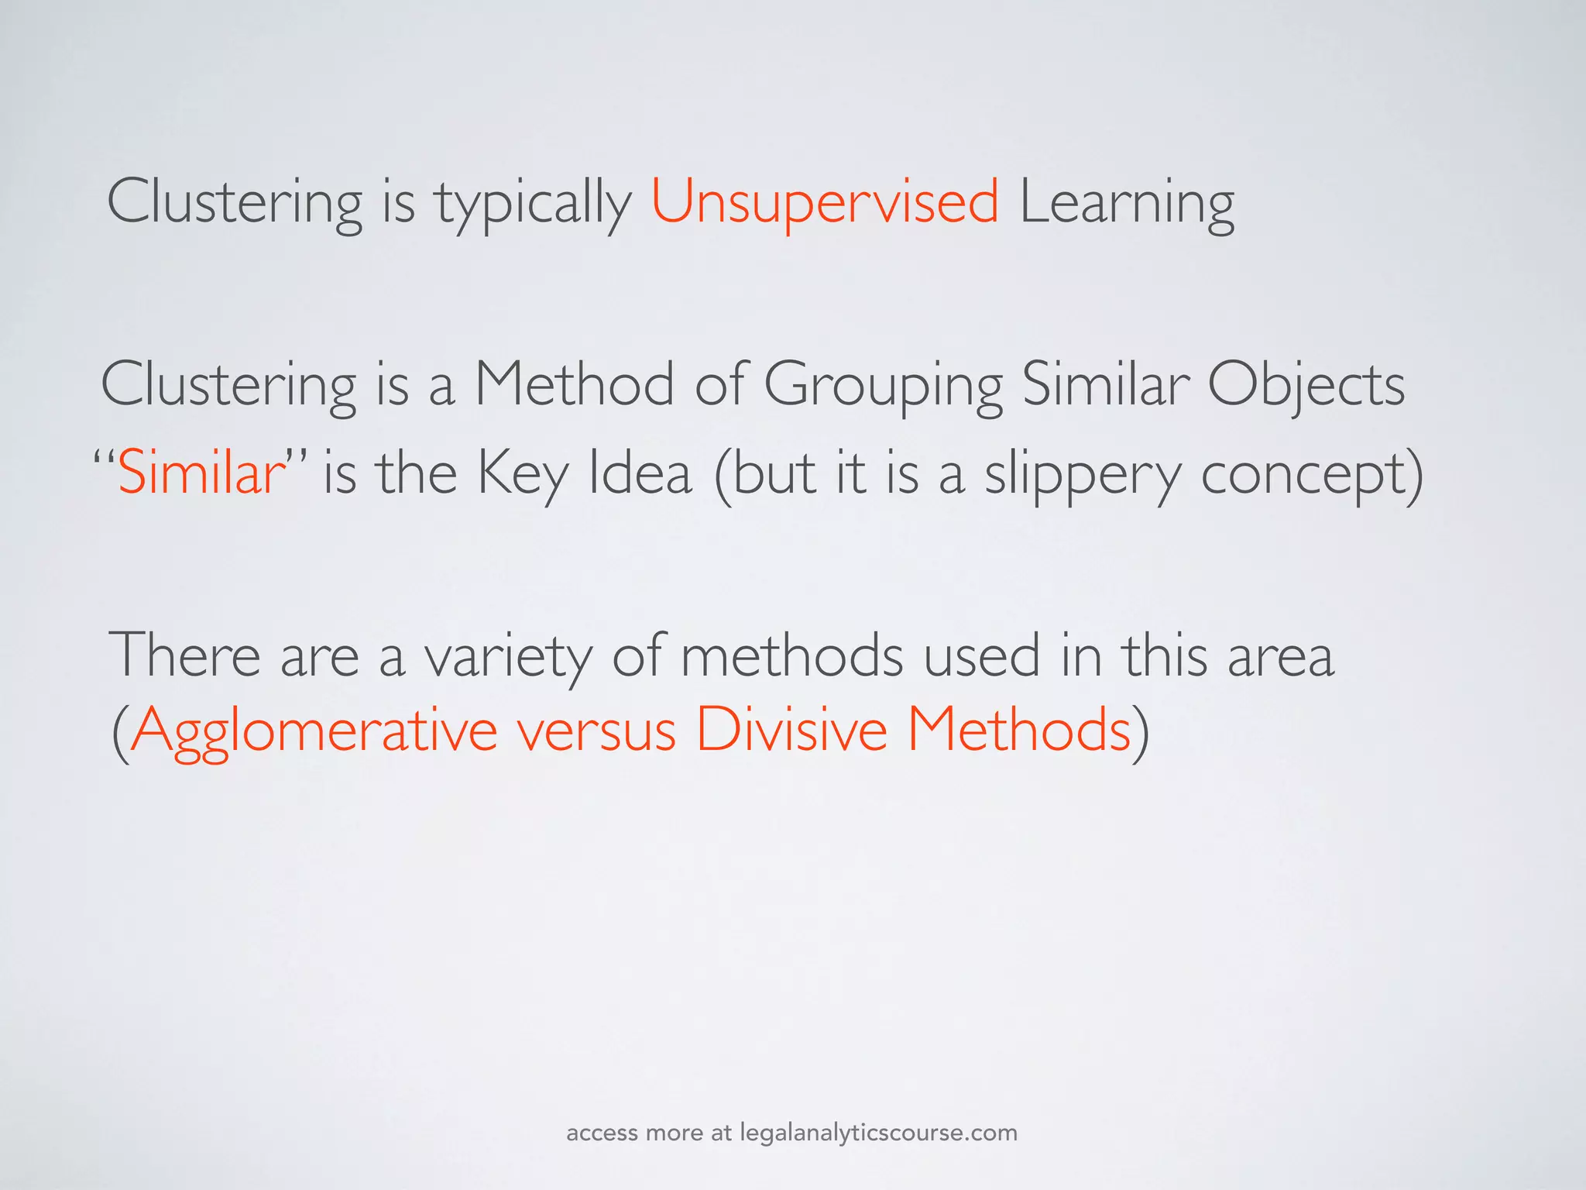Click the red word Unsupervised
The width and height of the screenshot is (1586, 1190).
[x=825, y=201]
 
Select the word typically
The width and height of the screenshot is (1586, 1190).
[x=533, y=203]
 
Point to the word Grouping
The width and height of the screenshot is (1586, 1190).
[x=883, y=386]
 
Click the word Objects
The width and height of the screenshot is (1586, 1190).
[x=1306, y=386]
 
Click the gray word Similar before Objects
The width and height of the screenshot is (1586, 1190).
[x=1106, y=384]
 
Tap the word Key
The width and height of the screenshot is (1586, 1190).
[x=523, y=474]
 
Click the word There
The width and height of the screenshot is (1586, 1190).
[x=185, y=655]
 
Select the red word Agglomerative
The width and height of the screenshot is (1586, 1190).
[x=314, y=730]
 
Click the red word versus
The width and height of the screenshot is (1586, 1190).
[x=597, y=731]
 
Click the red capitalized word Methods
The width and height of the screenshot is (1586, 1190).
[x=1019, y=730]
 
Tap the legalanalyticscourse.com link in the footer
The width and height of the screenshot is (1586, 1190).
[x=878, y=1133]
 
